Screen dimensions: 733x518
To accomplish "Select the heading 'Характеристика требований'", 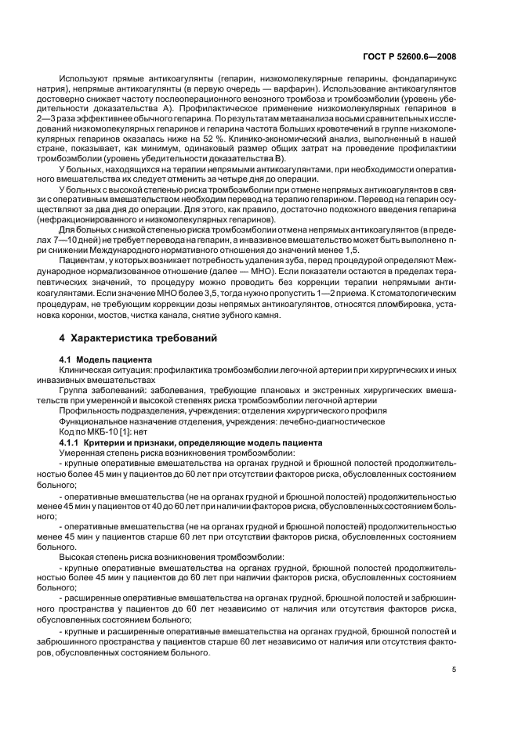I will (x=143, y=339).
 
